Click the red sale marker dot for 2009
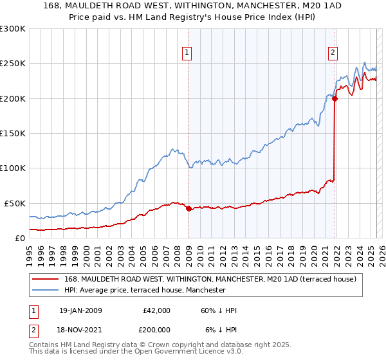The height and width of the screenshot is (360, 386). (x=188, y=208)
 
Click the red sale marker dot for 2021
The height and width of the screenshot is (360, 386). (x=335, y=98)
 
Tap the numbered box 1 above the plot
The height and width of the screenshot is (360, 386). (x=187, y=53)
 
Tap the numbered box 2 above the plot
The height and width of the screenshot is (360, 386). (x=333, y=53)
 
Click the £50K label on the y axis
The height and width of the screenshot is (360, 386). (x=15, y=203)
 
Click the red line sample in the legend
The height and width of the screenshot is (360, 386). (x=46, y=280)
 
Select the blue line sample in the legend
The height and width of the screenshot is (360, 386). (x=46, y=290)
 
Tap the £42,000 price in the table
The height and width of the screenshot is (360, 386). (x=156, y=310)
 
